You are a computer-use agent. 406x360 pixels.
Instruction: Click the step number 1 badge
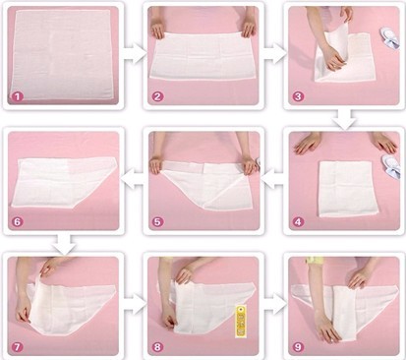[18, 96]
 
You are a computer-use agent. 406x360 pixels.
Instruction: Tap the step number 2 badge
[157, 96]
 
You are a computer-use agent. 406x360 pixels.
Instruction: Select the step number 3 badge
[298, 96]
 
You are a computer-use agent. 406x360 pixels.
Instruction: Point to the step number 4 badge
[298, 222]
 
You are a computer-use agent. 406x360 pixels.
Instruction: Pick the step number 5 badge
[157, 222]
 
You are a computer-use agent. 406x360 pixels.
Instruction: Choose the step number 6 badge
[18, 222]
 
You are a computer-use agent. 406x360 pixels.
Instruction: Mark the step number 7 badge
[18, 347]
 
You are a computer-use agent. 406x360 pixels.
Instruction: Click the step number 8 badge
[157, 347]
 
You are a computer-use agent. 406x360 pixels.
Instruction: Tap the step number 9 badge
[298, 347]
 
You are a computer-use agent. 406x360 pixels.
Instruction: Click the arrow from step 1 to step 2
[135, 55]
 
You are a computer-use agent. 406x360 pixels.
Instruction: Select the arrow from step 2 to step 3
[274, 55]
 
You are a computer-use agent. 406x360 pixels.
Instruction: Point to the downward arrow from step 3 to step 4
[345, 118]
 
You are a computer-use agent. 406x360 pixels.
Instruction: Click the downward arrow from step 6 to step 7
[65, 244]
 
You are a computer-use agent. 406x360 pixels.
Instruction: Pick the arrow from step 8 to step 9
[274, 306]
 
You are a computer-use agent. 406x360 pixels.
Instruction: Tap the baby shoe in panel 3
[390, 39]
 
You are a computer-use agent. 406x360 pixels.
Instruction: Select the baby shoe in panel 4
[391, 166]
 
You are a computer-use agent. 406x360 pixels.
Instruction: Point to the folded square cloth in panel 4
[344, 189]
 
